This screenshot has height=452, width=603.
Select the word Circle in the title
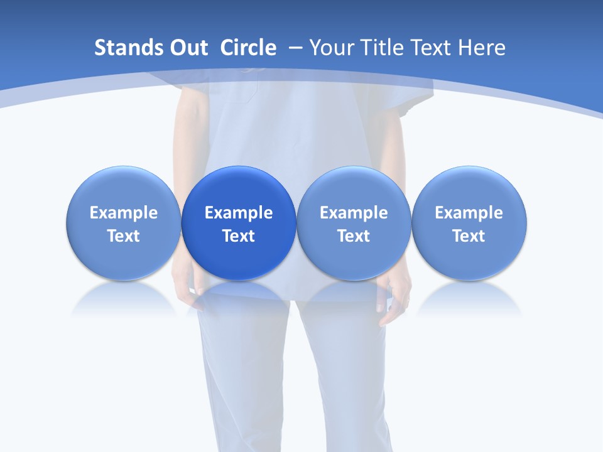[x=248, y=48]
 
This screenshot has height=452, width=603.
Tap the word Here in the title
[x=482, y=48]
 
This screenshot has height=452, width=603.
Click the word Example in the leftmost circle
[x=124, y=213]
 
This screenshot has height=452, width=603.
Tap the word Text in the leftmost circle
[x=124, y=236]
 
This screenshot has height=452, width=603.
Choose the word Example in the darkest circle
[x=239, y=213]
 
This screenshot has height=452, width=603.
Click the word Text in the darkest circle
[x=239, y=236]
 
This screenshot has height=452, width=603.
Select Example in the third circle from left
[x=354, y=213]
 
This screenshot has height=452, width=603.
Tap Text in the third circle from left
[x=354, y=236]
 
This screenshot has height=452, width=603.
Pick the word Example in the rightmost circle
[x=469, y=213]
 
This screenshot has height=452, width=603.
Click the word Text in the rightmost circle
[x=469, y=236]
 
